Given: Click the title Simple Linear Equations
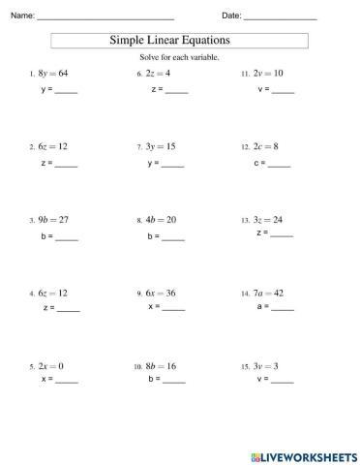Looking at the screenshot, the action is [x=179, y=42].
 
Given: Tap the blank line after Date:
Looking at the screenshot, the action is [x=281, y=18].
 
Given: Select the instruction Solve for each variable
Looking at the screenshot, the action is [x=179, y=58].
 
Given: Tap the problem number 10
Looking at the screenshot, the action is [x=137, y=369].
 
